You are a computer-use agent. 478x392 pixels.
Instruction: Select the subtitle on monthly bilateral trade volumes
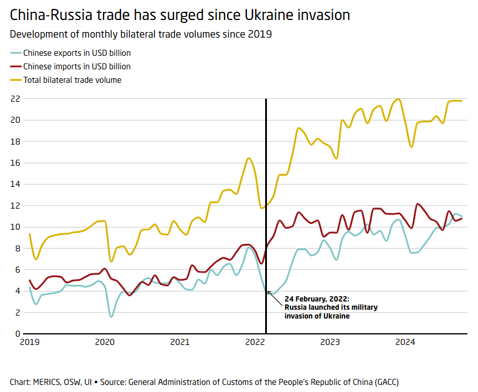tap(141, 34)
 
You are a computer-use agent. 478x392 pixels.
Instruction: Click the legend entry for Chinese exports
tap(76, 53)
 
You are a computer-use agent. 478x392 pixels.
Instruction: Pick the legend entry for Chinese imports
tap(76, 66)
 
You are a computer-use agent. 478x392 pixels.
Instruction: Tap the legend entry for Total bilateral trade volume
tap(72, 80)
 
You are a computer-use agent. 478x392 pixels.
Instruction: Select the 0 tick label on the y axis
tap(18, 334)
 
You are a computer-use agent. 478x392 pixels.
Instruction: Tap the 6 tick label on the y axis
tap(18, 270)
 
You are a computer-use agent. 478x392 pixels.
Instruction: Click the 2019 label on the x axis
tap(30, 342)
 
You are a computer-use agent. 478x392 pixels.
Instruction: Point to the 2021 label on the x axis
tap(180, 342)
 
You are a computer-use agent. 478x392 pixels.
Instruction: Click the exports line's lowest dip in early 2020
tap(111, 316)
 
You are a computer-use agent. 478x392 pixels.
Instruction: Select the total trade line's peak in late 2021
tap(249, 158)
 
